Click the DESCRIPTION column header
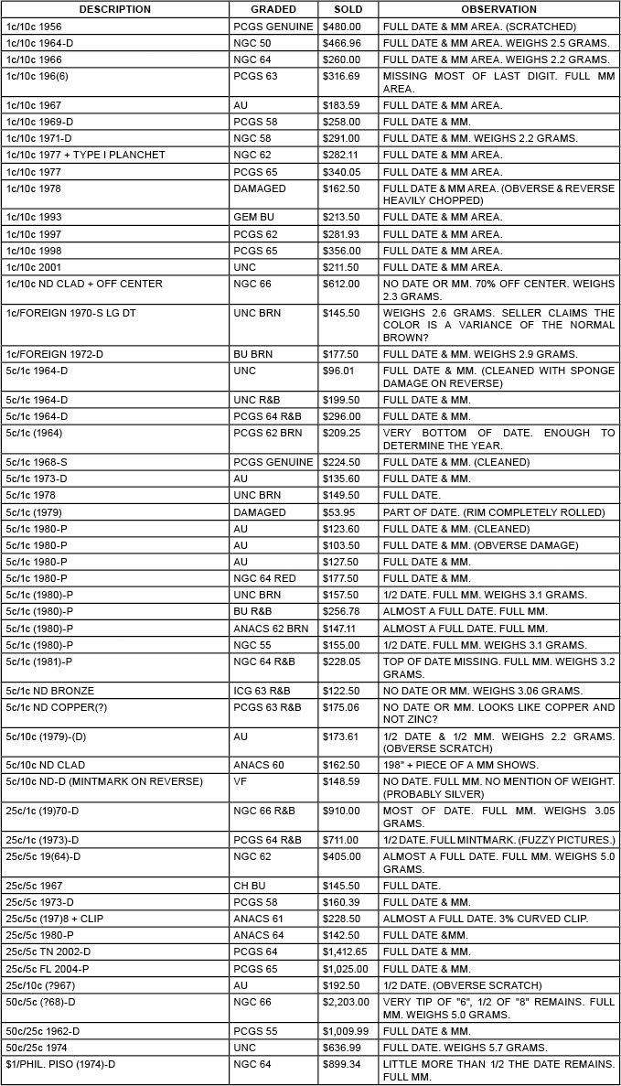[114, 9]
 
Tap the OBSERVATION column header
[498, 9]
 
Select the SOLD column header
[348, 9]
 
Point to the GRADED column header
[273, 9]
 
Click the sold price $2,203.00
[344, 1003]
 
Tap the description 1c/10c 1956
[34, 27]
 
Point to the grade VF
[240, 780]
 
